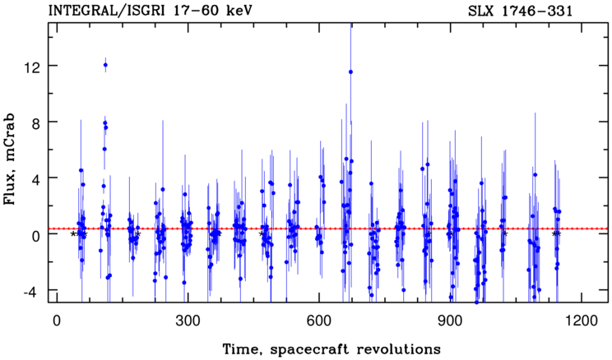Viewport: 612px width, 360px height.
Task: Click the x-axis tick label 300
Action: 188,321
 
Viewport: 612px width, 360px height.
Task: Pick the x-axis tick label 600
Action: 319,321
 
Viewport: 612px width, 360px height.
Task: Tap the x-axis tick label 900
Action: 450,321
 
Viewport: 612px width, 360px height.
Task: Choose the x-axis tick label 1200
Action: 582,321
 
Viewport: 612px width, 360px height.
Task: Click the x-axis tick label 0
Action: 57,321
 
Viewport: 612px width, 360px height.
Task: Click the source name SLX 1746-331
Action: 520,12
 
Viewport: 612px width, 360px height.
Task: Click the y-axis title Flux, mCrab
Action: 10,159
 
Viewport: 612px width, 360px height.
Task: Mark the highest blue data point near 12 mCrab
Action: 105,65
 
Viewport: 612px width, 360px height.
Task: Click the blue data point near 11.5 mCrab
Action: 350,72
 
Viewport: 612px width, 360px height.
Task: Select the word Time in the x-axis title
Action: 238,348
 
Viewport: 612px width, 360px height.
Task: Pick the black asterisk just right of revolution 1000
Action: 505,234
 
